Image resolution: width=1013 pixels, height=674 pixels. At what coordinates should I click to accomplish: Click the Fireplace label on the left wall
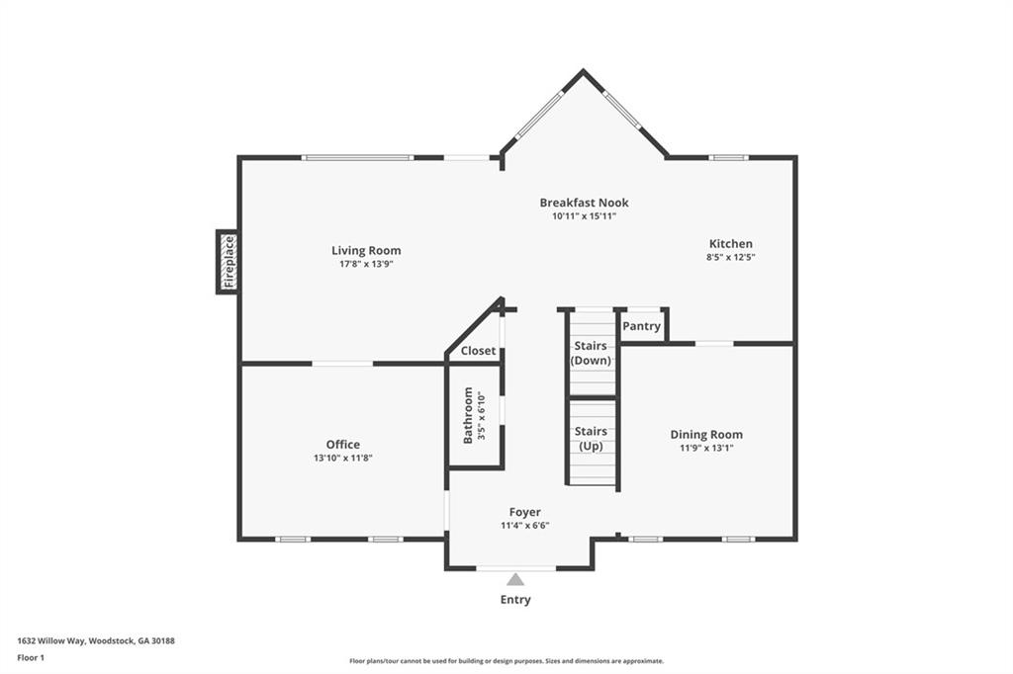(x=229, y=262)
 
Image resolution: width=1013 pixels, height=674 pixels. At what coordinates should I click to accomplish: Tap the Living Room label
(x=366, y=251)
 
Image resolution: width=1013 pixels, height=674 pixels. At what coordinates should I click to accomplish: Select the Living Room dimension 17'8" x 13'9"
(x=366, y=265)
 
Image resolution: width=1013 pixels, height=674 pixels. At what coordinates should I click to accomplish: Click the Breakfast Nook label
(x=584, y=203)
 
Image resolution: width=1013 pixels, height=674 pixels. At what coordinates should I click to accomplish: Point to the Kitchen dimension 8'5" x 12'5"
(x=731, y=257)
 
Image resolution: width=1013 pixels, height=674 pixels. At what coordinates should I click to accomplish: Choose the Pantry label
(x=642, y=326)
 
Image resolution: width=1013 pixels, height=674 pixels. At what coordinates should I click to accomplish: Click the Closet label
(x=478, y=351)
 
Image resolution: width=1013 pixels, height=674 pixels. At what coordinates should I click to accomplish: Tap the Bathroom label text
(x=468, y=415)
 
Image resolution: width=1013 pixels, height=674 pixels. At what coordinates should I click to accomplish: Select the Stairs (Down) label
(x=591, y=353)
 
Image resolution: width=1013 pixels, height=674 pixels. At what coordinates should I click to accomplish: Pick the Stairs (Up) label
(x=591, y=438)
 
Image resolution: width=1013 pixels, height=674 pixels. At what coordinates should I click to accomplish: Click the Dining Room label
(x=706, y=435)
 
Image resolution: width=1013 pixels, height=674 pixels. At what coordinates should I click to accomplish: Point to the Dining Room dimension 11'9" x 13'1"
(x=706, y=448)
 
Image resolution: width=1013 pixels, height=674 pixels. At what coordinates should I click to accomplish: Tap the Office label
(x=343, y=445)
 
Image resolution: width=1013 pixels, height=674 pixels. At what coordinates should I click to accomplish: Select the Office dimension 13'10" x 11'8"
(x=343, y=458)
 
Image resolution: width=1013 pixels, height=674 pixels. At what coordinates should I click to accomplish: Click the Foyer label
(x=524, y=512)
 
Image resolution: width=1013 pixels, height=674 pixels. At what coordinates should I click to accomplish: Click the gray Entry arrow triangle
(x=515, y=580)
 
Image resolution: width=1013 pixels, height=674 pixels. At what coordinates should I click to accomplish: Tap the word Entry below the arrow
(x=515, y=600)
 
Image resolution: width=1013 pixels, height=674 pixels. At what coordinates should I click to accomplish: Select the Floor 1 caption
(x=31, y=657)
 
